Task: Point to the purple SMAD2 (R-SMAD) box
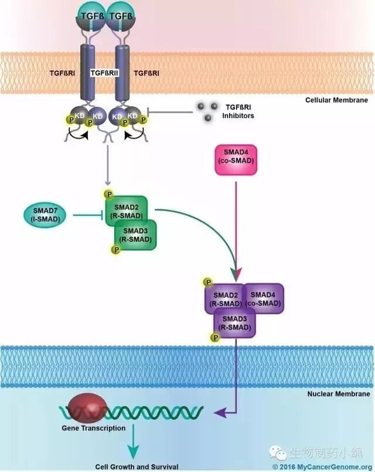[224, 299]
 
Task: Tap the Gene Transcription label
[94, 428]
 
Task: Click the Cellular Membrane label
[336, 100]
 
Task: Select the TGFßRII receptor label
[105, 73]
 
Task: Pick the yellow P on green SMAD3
[116, 250]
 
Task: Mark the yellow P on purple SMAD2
[207, 283]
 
